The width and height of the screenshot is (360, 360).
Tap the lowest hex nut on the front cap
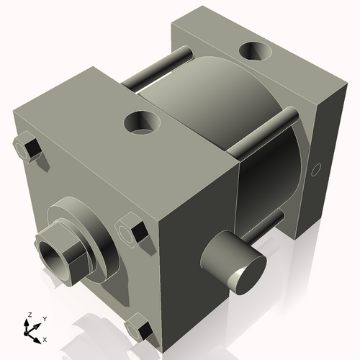click(x=139, y=329)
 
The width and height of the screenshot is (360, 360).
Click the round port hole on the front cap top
click(x=141, y=122)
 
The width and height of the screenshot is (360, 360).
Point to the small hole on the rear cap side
click(x=315, y=171)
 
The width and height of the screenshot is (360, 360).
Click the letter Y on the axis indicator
click(x=44, y=318)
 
